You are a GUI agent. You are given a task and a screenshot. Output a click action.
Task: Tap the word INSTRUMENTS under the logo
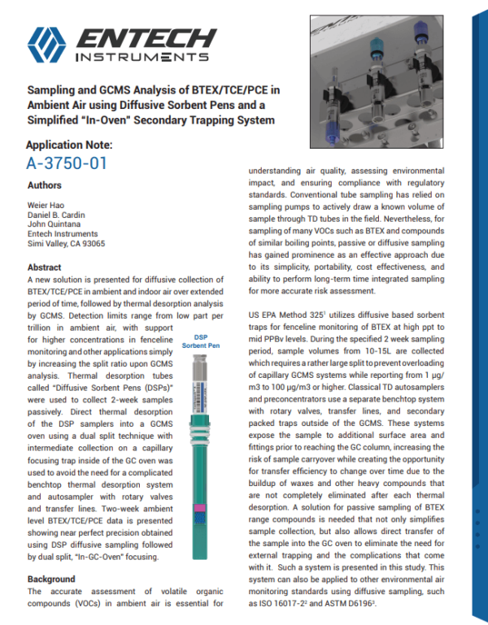(x=141, y=58)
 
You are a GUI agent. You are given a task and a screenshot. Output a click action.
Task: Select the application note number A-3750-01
(x=67, y=163)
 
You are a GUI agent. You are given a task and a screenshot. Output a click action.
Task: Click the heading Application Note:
(x=70, y=145)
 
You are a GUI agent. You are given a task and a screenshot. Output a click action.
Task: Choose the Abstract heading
(x=45, y=267)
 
